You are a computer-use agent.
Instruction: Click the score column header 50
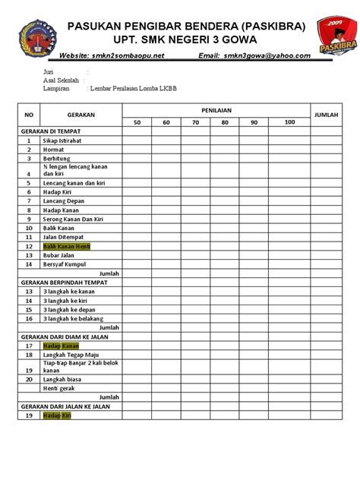pos(137,122)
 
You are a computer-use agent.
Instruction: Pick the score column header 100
pos(289,122)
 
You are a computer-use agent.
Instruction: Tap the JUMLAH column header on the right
pos(327,115)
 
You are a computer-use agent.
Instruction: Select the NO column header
pos(30,115)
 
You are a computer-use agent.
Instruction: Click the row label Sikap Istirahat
pos(64,141)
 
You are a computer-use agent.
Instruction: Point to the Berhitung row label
pos(58,159)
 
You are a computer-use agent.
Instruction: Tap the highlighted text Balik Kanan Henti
pos(67,247)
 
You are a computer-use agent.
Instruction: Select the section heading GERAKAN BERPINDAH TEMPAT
pos(64,282)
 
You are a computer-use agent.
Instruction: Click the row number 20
pos(29,378)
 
